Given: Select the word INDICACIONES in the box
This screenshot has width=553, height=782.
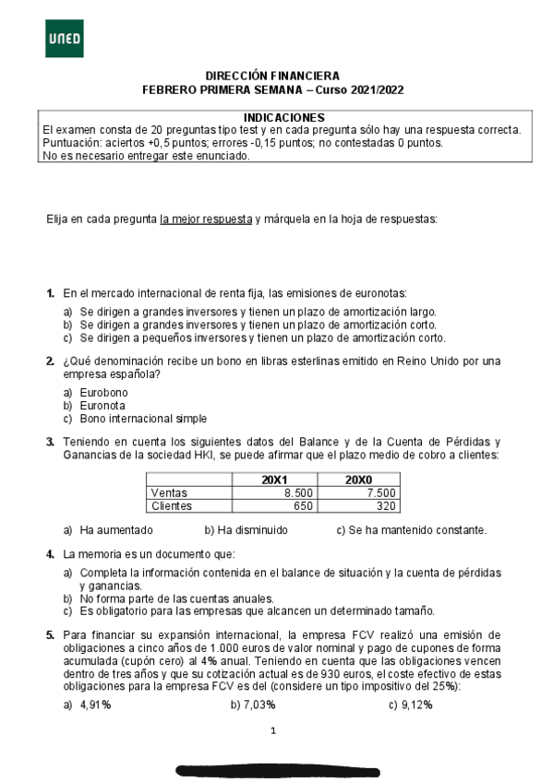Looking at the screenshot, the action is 283,118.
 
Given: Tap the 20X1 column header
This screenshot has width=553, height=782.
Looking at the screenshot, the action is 274,480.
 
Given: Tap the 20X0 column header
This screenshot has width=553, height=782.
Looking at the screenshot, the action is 358,480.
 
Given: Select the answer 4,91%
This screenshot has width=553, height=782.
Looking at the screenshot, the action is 95,705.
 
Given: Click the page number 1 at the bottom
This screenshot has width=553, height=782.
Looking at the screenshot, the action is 273,731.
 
